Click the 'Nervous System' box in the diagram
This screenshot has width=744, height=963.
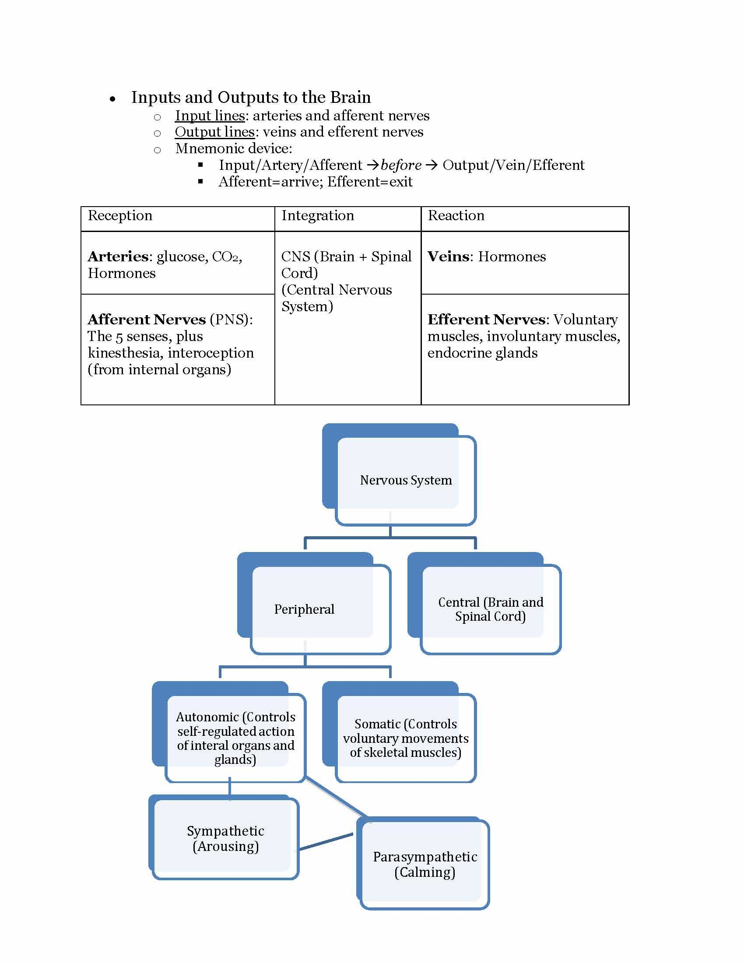[x=406, y=480]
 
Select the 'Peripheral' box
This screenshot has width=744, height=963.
[x=304, y=609]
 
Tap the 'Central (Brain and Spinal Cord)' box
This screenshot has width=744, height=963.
[x=490, y=609]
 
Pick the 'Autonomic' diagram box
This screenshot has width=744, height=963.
[x=235, y=737]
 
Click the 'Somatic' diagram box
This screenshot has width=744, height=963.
[x=406, y=738]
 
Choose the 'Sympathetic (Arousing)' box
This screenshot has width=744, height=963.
[x=225, y=838]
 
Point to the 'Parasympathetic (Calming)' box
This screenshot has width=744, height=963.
[x=425, y=864]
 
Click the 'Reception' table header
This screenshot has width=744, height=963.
[x=120, y=216]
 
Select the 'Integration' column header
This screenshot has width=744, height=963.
[x=317, y=216]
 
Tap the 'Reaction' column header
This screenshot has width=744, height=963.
[x=456, y=216]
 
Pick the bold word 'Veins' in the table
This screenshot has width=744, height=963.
[x=448, y=257]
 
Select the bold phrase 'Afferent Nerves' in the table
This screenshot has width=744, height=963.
[x=146, y=320]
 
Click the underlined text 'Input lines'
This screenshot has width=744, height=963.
[x=209, y=116]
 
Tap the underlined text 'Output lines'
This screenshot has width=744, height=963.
[x=214, y=132]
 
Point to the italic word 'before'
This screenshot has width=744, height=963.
[x=400, y=165]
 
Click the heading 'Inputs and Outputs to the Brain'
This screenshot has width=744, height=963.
[x=251, y=97]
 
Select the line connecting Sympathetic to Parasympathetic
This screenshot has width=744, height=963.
[x=326, y=842]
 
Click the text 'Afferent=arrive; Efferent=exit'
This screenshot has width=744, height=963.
[x=315, y=182]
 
